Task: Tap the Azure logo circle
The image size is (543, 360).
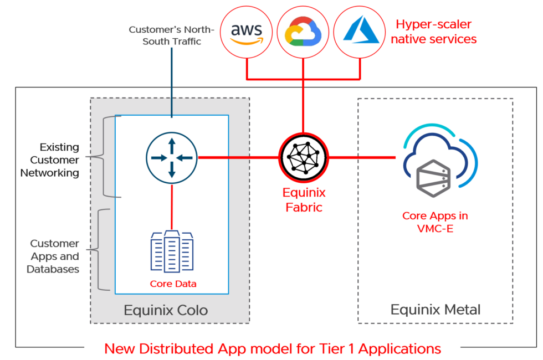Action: click(360, 32)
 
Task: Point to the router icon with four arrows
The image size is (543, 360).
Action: click(172, 158)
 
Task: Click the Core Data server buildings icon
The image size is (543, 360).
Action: click(172, 253)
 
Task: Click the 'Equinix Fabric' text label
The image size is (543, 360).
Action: click(304, 200)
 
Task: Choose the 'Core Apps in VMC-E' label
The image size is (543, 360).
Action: click(431, 222)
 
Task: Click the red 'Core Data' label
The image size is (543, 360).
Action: click(173, 284)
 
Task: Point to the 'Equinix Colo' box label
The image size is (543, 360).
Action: click(166, 310)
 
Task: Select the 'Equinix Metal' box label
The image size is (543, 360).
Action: click(436, 310)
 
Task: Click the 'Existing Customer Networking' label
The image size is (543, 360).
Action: click(50, 160)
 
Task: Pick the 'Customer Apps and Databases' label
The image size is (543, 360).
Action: click(54, 256)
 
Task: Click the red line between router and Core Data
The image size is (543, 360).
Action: click(172, 205)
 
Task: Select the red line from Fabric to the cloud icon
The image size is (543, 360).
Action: click(363, 158)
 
